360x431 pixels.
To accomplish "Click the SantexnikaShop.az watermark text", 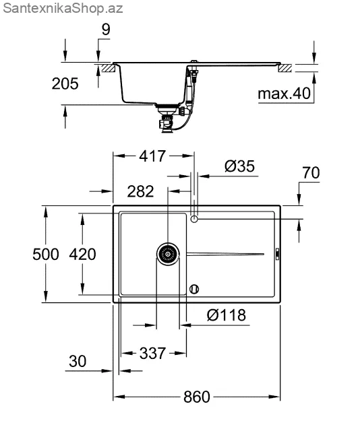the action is [x=63, y=9].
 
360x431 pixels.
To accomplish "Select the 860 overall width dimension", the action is [x=196, y=397].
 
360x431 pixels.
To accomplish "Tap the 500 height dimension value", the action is [x=46, y=254].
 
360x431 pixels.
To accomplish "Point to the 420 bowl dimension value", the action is [x=82, y=254].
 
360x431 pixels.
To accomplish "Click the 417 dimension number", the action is [x=152, y=156].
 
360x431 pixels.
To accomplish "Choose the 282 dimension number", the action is [x=140, y=191].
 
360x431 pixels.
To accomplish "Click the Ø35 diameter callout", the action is [x=239, y=166].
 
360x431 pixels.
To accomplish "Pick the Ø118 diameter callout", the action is [x=227, y=315].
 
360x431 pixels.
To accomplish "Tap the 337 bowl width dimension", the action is [x=152, y=353].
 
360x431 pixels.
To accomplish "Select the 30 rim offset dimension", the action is [x=78, y=361].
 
